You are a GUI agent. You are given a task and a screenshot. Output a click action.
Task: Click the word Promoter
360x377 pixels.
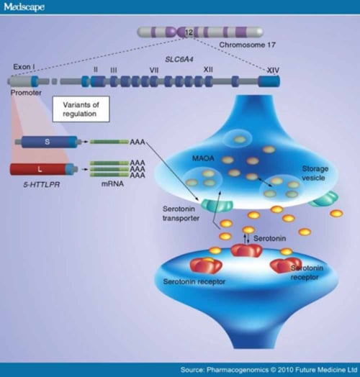[x=27, y=94]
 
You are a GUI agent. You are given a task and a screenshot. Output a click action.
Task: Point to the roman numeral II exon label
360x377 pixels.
[x=95, y=69]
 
